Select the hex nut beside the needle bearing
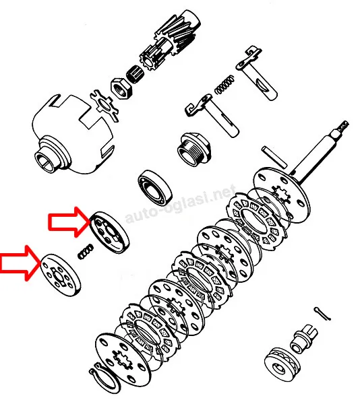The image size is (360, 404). pyautogui.click(x=121, y=88)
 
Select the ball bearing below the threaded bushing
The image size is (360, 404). pyautogui.click(x=155, y=188)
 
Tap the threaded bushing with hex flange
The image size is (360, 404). pyautogui.click(x=194, y=149)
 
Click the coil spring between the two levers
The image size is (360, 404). pyautogui.click(x=224, y=85)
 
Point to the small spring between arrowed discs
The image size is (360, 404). pyautogui.click(x=86, y=251)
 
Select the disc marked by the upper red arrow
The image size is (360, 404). pyautogui.click(x=109, y=232)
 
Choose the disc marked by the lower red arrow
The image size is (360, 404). pyautogui.click(x=61, y=275)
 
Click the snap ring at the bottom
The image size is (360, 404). pyautogui.click(x=105, y=380)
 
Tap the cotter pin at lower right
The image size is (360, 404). pyautogui.click(x=322, y=314)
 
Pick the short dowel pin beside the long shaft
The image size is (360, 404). pyautogui.click(x=274, y=156)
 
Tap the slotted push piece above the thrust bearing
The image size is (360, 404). pyautogui.click(x=304, y=338)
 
